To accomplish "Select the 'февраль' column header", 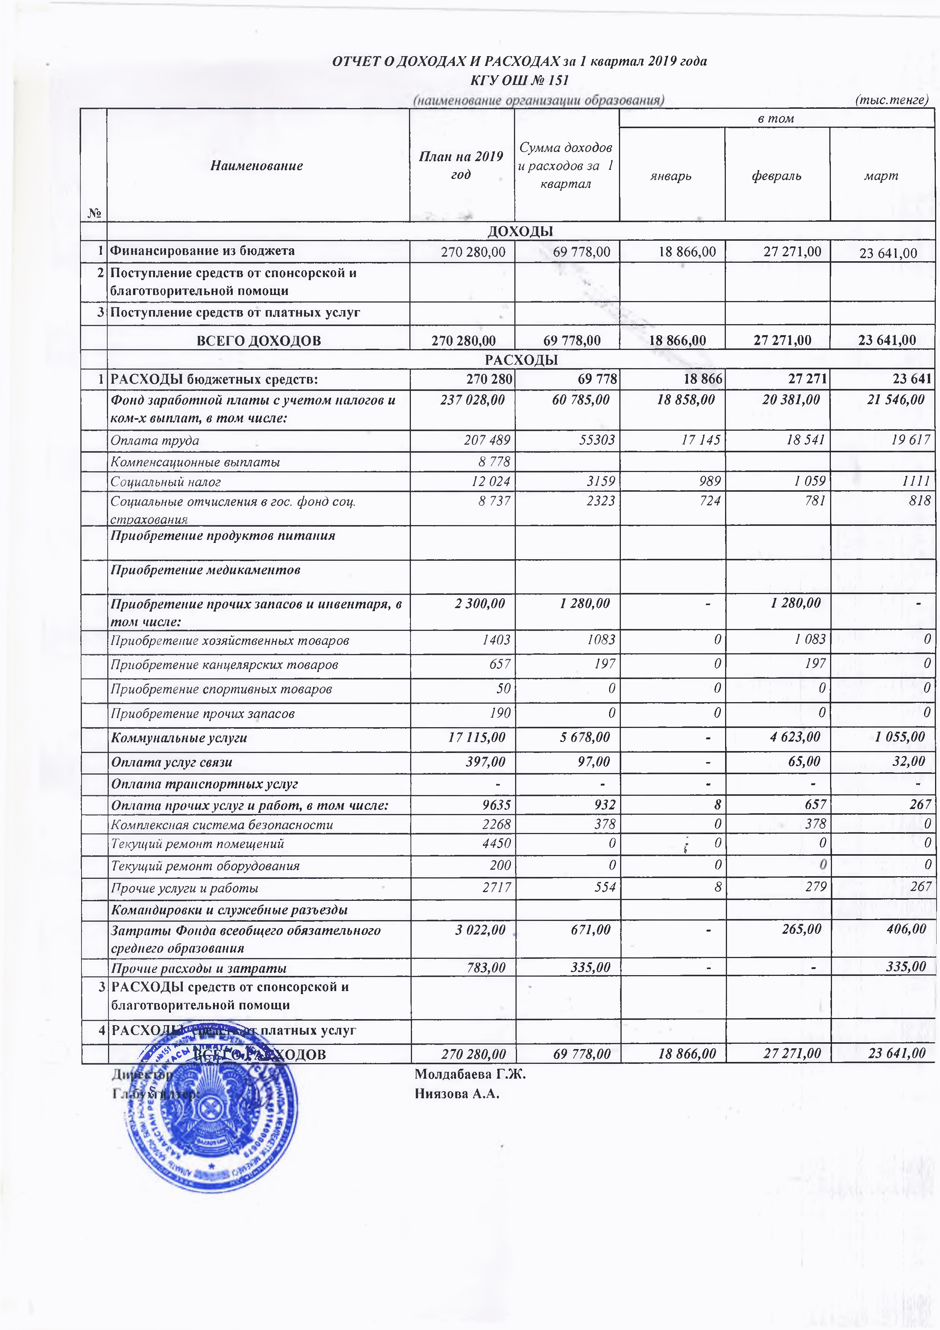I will (776, 176).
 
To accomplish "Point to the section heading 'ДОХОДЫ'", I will (520, 231).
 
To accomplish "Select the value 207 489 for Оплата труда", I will (487, 440).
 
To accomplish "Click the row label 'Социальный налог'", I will (166, 481).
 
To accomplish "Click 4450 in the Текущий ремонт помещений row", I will (497, 844).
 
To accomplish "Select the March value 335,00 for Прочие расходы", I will (906, 967).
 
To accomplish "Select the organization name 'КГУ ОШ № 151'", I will (520, 80).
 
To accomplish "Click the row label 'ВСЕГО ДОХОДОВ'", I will (258, 340).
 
